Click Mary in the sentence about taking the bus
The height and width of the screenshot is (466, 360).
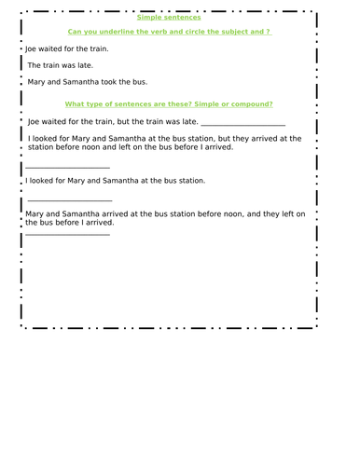point(35,82)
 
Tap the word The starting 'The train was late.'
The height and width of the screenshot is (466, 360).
point(35,65)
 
